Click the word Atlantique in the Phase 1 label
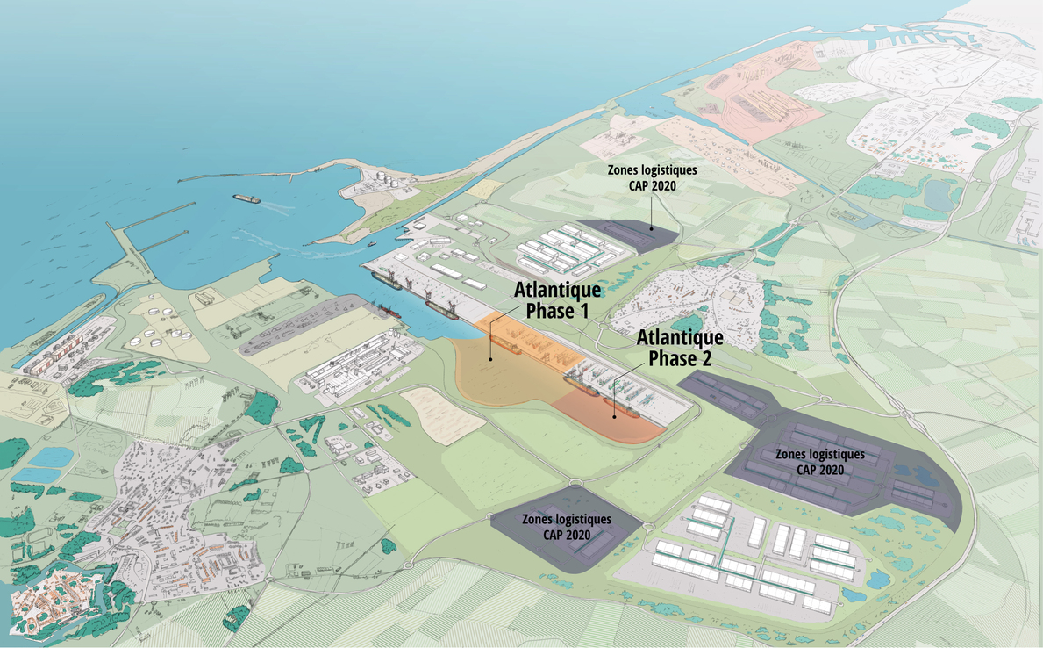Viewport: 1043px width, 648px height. pos(557,291)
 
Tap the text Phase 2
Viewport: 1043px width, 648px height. pos(680,357)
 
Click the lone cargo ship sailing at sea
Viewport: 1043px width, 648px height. pos(247,198)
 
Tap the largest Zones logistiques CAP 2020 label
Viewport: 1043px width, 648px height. pos(819,461)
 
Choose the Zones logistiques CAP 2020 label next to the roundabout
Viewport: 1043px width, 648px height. pos(565,527)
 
